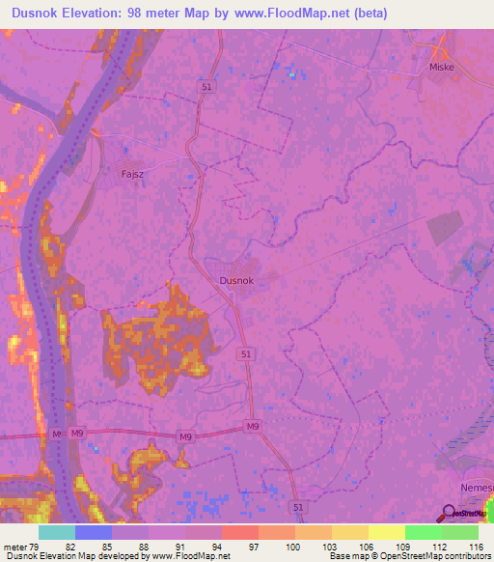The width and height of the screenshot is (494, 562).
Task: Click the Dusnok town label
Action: pos(235,280)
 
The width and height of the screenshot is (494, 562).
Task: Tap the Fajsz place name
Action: pos(132,175)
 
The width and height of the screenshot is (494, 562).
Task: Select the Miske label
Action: pos(441,68)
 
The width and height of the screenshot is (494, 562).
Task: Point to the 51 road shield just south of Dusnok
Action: pos(248,355)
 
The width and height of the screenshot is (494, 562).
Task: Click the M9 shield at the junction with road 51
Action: pos(253,427)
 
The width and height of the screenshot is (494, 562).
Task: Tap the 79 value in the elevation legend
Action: pos(35,547)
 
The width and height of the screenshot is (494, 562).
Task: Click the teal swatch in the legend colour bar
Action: pos(56,532)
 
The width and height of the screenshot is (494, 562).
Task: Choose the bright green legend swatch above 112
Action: pos(423,532)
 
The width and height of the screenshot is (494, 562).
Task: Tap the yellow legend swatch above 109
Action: pos(386,532)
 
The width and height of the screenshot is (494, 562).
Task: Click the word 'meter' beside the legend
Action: pos(14,547)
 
